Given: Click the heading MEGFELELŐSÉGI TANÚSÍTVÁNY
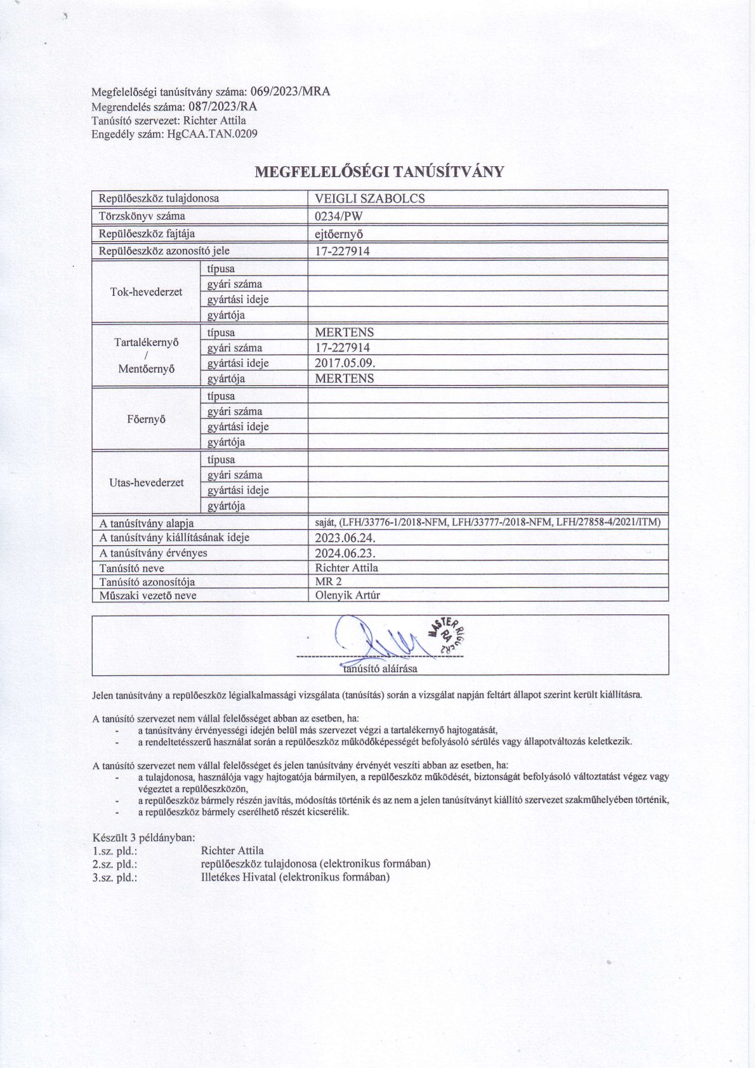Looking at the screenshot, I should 379,172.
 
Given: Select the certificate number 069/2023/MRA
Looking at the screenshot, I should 291,91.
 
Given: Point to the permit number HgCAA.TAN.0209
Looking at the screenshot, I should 212,134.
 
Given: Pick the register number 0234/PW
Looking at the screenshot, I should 339,216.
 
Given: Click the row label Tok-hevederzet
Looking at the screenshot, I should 146,292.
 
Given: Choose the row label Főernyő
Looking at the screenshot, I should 146,419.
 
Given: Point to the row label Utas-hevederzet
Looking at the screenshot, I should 146,482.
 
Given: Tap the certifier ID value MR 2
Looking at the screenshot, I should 328,581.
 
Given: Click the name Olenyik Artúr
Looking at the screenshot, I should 347,595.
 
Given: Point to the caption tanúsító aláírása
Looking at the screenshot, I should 379,668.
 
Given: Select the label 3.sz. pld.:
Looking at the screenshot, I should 115,878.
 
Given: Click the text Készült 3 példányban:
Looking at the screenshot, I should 143,838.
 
